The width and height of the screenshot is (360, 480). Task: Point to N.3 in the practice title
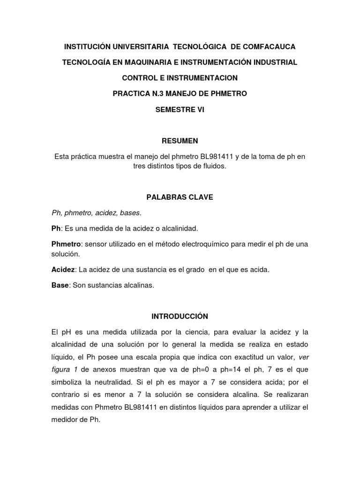pyautogui.click(x=157, y=93)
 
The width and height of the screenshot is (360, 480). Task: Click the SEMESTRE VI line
pyautogui.click(x=180, y=109)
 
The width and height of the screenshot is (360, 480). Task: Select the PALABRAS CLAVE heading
pyautogui.click(x=180, y=197)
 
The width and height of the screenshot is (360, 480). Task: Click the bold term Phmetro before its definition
pyautogui.click(x=66, y=244)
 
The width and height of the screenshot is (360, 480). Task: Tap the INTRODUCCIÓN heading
pyautogui.click(x=180, y=316)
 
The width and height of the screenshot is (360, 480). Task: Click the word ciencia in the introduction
pyautogui.click(x=179, y=332)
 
